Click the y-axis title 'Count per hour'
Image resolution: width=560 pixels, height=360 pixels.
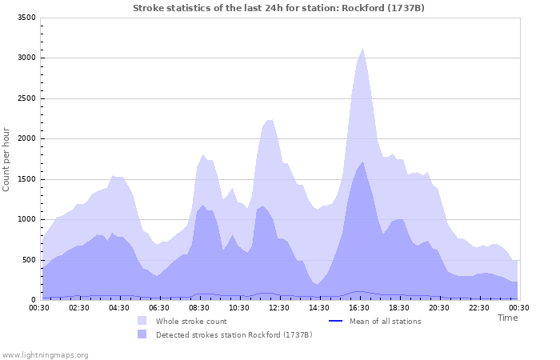7,158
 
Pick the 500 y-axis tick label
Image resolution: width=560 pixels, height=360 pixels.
28,260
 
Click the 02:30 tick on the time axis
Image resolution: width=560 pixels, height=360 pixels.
79,307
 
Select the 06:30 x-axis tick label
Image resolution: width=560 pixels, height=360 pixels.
159,307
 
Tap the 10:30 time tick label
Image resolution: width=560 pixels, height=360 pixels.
239,307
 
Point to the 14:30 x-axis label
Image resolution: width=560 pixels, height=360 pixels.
319,307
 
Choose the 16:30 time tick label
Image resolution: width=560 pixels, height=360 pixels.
359,307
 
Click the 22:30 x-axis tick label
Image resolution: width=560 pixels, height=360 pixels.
479,307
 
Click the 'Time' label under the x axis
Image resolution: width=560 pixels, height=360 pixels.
507,318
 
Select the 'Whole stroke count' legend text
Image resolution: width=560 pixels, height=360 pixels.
191,322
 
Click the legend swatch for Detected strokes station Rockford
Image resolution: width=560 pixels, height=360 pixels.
142,334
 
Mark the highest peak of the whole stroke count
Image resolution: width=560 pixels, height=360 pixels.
363,49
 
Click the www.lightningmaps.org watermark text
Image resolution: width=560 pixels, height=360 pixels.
46,354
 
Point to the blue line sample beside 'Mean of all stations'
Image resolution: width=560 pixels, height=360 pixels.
336,322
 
